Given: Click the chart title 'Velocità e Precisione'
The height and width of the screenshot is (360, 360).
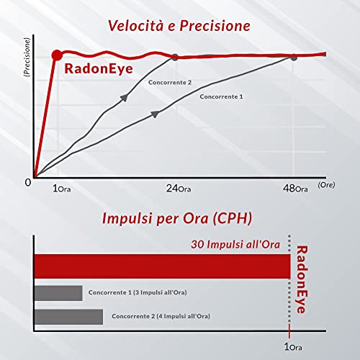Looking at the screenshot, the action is tap(179, 26).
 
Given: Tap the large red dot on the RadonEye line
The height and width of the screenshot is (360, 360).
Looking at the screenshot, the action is tap(57, 55).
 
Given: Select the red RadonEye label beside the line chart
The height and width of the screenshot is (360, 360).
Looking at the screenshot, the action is tap(99, 69).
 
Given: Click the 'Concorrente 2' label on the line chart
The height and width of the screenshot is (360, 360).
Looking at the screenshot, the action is tap(170, 82).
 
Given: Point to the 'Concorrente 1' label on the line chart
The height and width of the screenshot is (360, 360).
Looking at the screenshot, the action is tap(221, 96).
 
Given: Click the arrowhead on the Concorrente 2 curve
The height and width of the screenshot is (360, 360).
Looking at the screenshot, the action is tap(125, 97).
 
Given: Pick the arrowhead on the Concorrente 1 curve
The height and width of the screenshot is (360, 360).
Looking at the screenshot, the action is tap(155, 114).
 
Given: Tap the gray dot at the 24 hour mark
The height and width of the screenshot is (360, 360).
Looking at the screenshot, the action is tap(175, 57).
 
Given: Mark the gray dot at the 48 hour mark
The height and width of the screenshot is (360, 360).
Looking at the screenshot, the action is tap(294, 57).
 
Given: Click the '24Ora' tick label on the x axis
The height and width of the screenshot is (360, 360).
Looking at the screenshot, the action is tap(179, 189).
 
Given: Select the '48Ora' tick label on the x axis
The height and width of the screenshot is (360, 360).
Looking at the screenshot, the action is tap(295, 189).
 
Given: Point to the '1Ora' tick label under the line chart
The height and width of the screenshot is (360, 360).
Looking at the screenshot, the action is tap(62, 189).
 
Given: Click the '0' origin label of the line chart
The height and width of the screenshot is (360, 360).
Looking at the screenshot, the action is tap(28, 183).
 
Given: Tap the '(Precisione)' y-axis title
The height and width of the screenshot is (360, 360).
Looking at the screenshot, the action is tap(27, 57).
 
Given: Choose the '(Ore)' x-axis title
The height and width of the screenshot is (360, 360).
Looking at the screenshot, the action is tap(326, 185).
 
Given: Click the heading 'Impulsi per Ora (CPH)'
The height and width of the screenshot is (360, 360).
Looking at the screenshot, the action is tap(177, 219).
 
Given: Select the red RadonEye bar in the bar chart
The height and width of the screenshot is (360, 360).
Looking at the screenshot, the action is tap(162, 266).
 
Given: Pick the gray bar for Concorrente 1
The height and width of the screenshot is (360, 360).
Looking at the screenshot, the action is tap(58, 293).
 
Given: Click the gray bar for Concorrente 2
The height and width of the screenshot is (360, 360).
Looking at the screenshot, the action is tap(68, 317).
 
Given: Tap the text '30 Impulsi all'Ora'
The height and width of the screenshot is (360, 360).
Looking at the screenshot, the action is tap(235, 245).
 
